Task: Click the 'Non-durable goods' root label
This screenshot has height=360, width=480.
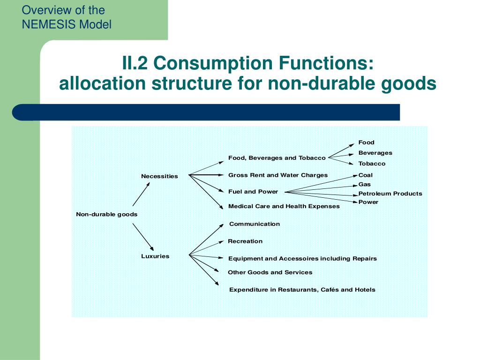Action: (x=107, y=214)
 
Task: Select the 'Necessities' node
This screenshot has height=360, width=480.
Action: (x=159, y=176)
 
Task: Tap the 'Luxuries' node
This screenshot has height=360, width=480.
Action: (x=155, y=256)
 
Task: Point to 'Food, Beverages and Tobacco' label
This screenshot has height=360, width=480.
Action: (x=277, y=158)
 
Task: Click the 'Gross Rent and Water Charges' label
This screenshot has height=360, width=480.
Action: (x=278, y=175)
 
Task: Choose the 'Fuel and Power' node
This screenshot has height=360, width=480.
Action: (x=253, y=191)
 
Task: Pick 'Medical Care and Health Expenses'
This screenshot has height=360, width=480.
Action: (x=284, y=206)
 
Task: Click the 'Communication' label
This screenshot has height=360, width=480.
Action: (x=255, y=224)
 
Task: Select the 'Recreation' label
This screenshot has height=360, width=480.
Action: (x=245, y=241)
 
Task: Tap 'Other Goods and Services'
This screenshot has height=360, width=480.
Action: (x=270, y=272)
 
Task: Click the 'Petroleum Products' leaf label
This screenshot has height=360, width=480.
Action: (x=390, y=194)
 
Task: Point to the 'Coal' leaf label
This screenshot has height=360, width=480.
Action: (x=366, y=175)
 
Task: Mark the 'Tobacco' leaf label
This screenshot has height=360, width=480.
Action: (x=372, y=164)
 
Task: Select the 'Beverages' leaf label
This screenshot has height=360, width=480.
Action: (x=375, y=153)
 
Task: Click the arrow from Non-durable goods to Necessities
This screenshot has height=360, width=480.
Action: (x=141, y=194)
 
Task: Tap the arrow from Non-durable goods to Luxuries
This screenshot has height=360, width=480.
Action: (x=143, y=237)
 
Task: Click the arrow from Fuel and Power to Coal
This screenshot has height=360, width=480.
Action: (x=321, y=183)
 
